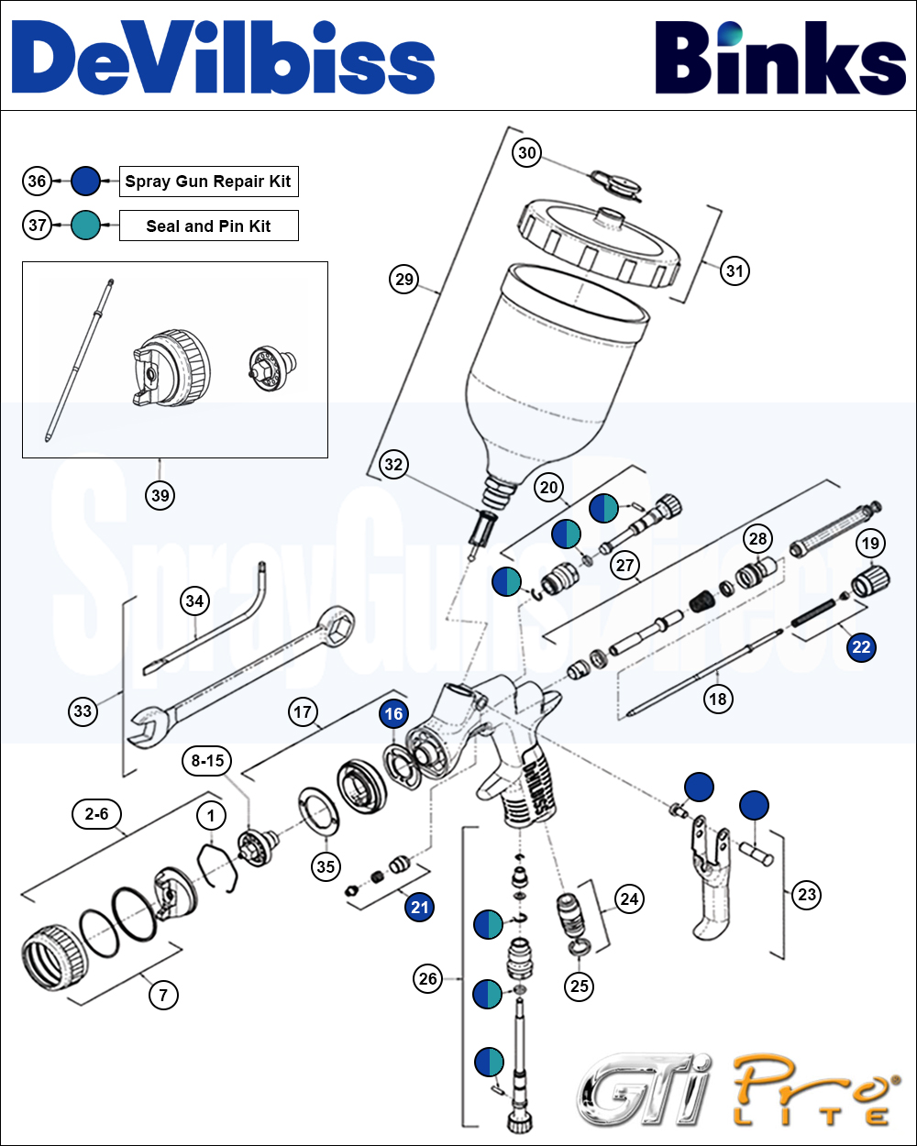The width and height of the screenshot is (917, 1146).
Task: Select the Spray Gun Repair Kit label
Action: click(208, 182)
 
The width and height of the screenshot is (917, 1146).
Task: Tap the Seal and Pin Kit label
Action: click(208, 226)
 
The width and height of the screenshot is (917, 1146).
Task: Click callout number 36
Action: click(37, 182)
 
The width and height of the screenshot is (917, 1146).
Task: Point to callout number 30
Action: click(526, 153)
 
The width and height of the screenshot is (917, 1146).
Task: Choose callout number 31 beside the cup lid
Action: click(735, 270)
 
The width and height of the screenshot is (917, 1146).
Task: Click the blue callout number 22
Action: click(861, 647)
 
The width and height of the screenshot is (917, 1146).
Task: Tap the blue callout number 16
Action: click(393, 714)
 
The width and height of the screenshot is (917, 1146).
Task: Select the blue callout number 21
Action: click(419, 908)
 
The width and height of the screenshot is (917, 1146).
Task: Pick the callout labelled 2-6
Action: click(96, 813)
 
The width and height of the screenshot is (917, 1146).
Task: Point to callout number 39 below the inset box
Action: click(160, 496)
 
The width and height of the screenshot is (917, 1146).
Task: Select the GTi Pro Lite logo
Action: click(734, 1091)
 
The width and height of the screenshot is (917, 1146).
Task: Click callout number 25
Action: click(580, 986)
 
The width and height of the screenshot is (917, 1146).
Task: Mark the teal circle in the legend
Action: click(85, 226)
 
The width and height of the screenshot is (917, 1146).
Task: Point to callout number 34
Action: click(194, 601)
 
